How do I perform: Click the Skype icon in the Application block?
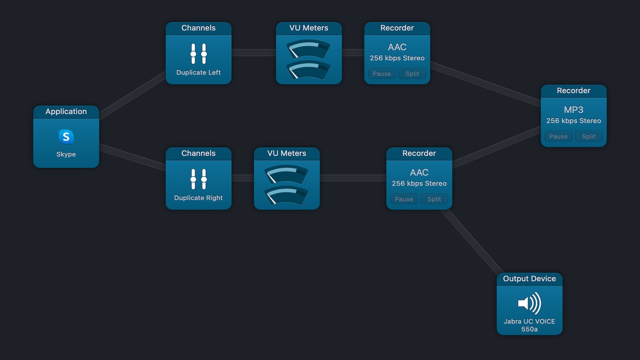(x=66, y=136)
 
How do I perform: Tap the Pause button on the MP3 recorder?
(x=558, y=136)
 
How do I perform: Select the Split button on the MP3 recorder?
(x=588, y=136)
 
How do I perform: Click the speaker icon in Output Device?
(x=529, y=303)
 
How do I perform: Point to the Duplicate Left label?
(x=198, y=72)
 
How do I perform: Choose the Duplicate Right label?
(x=198, y=198)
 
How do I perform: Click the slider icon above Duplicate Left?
(x=198, y=54)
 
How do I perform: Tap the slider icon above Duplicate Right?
(x=198, y=179)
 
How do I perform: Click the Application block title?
(x=66, y=111)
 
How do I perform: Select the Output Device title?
(x=529, y=279)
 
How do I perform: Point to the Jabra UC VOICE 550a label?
(x=529, y=325)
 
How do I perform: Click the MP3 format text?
(x=574, y=110)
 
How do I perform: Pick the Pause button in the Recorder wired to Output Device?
(x=404, y=199)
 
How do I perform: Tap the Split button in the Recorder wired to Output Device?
(x=434, y=199)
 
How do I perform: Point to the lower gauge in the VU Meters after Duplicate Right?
(x=287, y=195)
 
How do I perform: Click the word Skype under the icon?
(x=66, y=154)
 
